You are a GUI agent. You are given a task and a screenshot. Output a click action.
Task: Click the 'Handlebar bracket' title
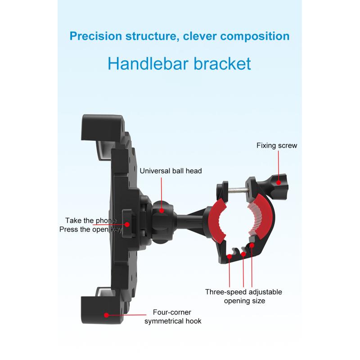[179, 63]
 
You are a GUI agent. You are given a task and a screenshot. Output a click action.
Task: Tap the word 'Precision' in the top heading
[96, 36]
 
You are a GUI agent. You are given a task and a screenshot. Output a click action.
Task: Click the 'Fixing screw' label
[277, 145]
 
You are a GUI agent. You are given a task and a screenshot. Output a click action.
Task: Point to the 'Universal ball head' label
[171, 171]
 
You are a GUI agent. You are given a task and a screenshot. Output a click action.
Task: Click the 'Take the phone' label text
[91, 220]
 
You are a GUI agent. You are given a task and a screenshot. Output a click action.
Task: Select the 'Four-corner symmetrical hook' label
[173, 317]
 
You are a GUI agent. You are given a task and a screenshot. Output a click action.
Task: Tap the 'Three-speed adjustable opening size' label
[243, 296]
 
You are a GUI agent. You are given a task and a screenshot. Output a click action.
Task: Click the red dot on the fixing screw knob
[279, 183]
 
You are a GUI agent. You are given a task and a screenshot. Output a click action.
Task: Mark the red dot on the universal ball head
[162, 211]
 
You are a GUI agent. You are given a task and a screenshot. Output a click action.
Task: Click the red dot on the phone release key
[127, 225]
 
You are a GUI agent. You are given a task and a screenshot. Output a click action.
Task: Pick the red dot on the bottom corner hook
[106, 315]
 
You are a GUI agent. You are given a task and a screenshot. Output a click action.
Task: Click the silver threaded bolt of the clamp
[238, 190]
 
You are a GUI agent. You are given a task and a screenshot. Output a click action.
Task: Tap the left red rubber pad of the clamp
[217, 221]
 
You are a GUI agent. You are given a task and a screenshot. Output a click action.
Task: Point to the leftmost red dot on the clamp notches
[229, 256]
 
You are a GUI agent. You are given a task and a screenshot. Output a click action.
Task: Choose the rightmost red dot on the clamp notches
[252, 245]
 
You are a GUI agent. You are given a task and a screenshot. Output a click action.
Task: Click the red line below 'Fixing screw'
[279, 166]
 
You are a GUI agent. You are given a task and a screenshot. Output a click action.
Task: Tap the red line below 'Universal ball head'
[162, 193]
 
